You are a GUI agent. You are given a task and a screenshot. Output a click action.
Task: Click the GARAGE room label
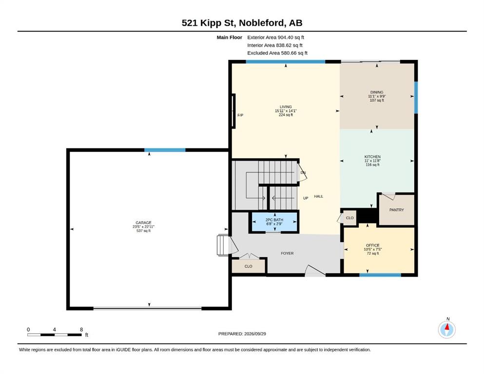(143, 223)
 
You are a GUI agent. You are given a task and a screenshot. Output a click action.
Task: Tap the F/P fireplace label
(240, 115)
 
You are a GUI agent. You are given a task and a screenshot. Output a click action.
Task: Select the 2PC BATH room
(274, 222)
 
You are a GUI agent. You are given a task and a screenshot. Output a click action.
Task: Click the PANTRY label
(396, 210)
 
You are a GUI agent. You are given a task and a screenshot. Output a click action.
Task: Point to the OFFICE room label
(372, 245)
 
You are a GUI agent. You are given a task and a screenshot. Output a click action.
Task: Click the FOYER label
(287, 253)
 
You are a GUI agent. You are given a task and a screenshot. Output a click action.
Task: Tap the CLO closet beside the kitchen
(350, 218)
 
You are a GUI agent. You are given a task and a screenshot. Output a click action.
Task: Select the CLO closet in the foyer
(249, 266)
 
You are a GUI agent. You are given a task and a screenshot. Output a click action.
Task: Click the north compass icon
(446, 330)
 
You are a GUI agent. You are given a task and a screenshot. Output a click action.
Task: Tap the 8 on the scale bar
(81, 330)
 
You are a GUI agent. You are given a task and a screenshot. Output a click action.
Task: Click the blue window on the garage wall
(165, 150)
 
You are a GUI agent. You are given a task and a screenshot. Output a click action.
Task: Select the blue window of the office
(380, 275)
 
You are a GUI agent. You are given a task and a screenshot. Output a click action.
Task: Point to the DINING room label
(377, 92)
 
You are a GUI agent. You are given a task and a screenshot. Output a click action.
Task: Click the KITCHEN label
(372, 157)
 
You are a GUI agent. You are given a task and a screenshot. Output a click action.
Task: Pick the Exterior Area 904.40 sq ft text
(276, 37)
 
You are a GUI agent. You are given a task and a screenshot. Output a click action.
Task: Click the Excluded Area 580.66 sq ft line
(277, 53)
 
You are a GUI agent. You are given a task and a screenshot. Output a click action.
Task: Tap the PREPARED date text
(242, 334)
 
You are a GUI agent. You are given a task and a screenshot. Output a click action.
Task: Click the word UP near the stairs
(306, 198)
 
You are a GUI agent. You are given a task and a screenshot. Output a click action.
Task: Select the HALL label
(319, 196)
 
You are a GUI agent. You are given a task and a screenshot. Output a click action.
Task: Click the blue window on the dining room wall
(416, 97)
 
